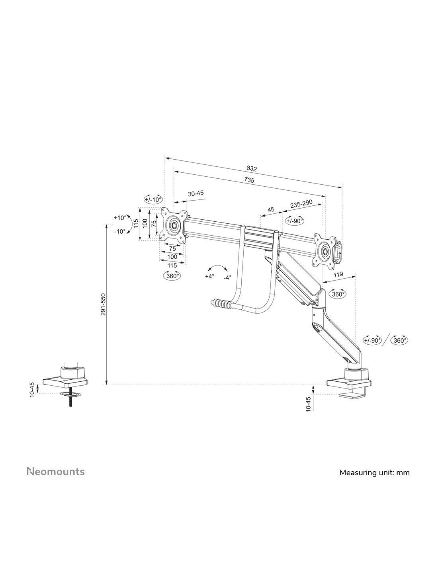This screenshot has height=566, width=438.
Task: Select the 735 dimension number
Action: coord(249,180)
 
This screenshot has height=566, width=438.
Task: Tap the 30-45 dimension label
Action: coord(196,193)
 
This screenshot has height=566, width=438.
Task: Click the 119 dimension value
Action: coord(338,274)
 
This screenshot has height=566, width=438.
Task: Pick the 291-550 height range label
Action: coord(104,304)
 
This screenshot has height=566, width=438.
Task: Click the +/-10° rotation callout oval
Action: coord(153,199)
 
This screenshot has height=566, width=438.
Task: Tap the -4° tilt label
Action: coord(227,278)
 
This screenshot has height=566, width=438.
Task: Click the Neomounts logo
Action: coord(56,471)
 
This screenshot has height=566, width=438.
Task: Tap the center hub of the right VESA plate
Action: coord(325,251)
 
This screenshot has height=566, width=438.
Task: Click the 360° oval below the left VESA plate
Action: coord(172,276)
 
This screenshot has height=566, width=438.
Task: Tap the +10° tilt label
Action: coord(120,218)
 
